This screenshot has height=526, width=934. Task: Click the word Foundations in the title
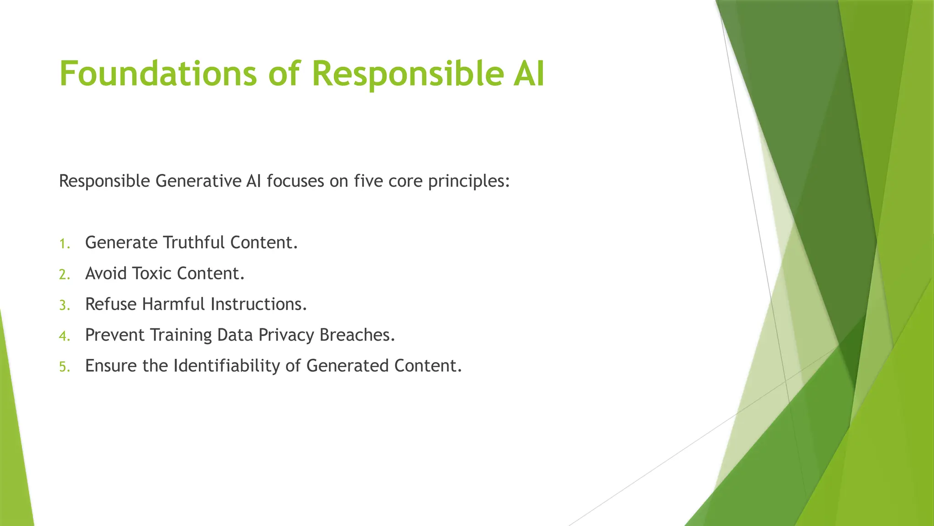point(158,74)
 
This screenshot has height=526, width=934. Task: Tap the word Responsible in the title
point(407,74)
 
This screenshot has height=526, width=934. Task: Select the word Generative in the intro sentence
point(198,182)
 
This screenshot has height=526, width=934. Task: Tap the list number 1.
point(64,244)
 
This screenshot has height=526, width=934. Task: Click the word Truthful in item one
point(194,243)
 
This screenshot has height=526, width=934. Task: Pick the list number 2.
point(64,275)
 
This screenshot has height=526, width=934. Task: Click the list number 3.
point(64,305)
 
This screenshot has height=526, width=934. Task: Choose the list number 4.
point(64,337)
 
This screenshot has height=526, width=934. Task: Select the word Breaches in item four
point(357,336)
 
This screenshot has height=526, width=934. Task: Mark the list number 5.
point(64,367)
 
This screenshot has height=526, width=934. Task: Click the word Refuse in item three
point(111,305)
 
